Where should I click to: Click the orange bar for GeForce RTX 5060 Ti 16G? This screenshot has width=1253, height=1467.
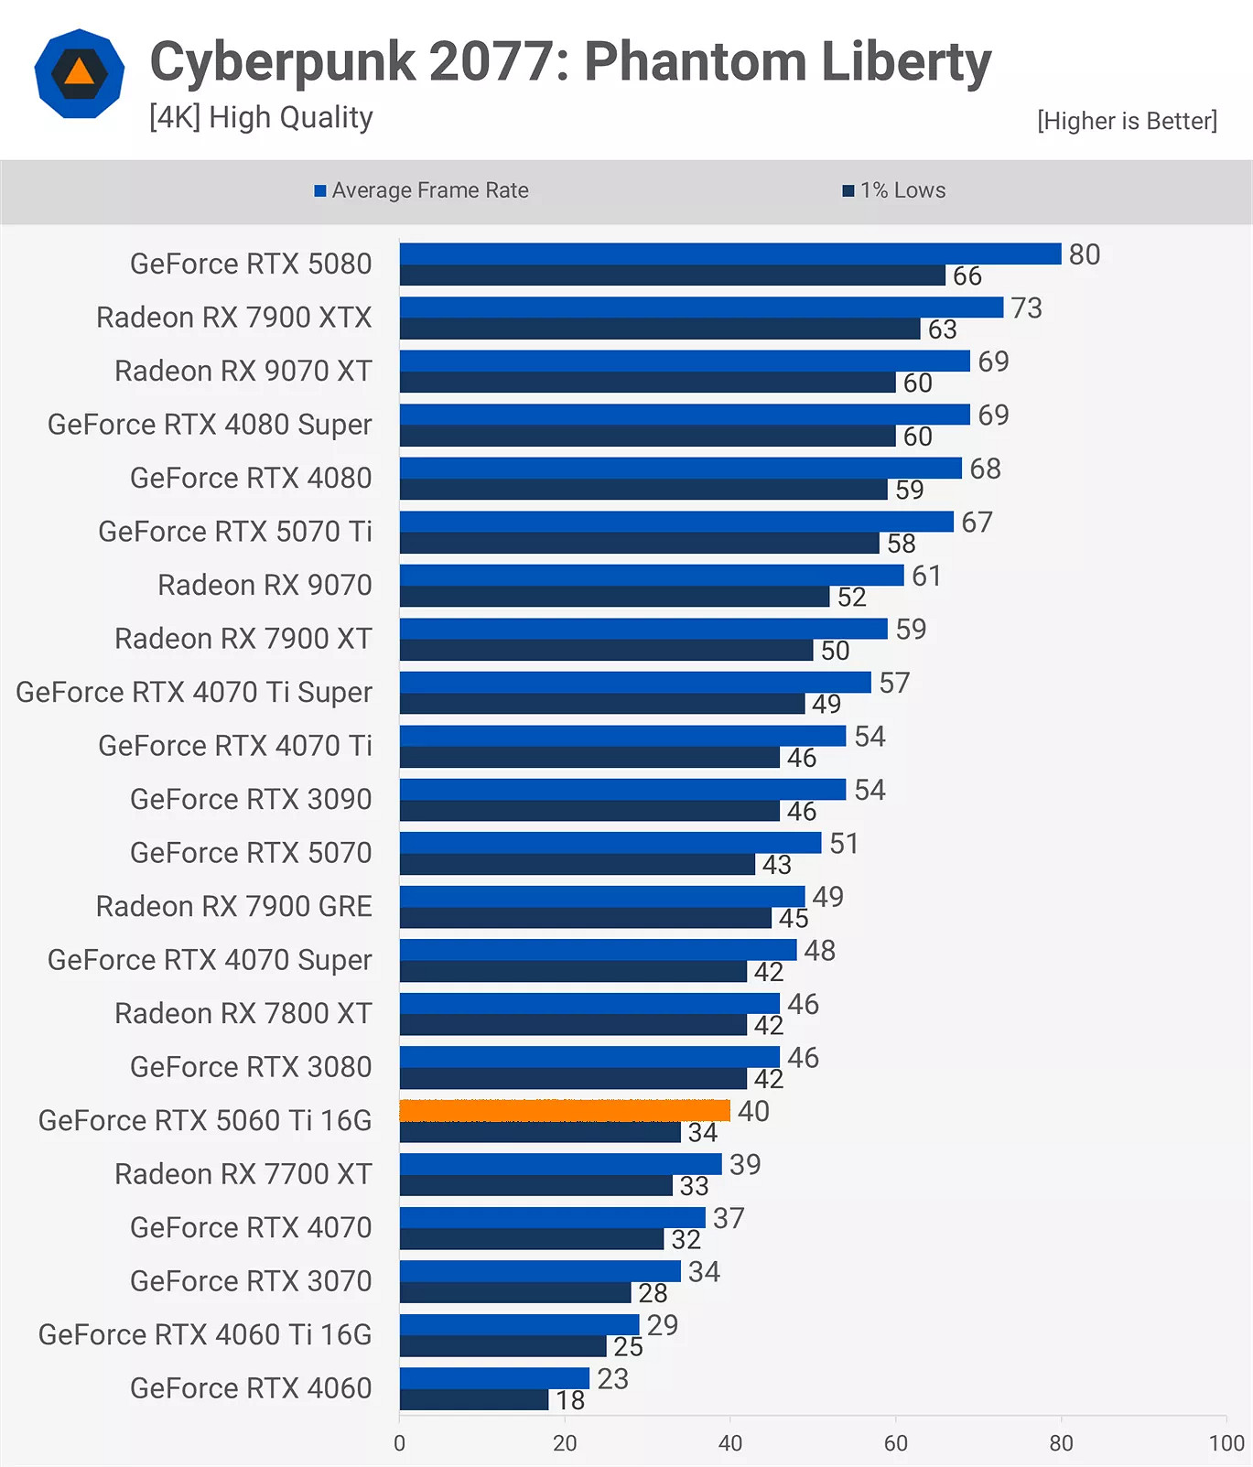pyautogui.click(x=564, y=1110)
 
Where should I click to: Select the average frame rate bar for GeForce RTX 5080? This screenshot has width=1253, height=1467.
pyautogui.click(x=729, y=253)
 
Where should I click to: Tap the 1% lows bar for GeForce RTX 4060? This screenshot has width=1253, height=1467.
pyautogui.click(x=473, y=1400)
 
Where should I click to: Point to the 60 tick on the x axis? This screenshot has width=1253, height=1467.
pyautogui.click(x=895, y=1443)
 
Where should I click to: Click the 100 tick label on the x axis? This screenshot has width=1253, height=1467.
pyautogui.click(x=1226, y=1443)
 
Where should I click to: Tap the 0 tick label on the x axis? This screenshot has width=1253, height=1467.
pyautogui.click(x=399, y=1443)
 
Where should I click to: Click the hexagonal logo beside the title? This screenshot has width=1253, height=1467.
pyautogui.click(x=80, y=73)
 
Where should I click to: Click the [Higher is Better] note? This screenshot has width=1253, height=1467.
pyautogui.click(x=1127, y=121)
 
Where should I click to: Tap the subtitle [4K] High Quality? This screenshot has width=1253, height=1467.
pyautogui.click(x=261, y=117)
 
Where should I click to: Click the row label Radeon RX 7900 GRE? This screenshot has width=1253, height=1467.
pyautogui.click(x=234, y=906)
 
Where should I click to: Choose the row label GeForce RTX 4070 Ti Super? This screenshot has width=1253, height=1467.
pyautogui.click(x=194, y=692)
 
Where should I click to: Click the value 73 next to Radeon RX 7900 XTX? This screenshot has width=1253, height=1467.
pyautogui.click(x=1026, y=307)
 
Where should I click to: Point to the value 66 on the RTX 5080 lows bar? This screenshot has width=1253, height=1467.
pyautogui.click(x=967, y=275)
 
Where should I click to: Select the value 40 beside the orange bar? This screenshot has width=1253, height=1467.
pyautogui.click(x=753, y=1111)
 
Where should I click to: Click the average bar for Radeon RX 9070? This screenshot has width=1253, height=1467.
pyautogui.click(x=651, y=575)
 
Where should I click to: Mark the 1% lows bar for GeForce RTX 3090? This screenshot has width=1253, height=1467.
pyautogui.click(x=589, y=811)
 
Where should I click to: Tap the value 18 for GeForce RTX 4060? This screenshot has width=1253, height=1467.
pyautogui.click(x=569, y=1400)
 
